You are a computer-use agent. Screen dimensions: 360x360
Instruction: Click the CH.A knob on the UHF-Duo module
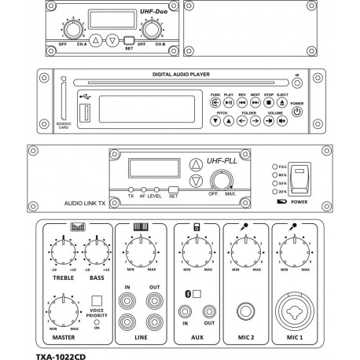(74, 30)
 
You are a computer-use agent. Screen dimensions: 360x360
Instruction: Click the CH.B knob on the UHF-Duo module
(150, 30)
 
